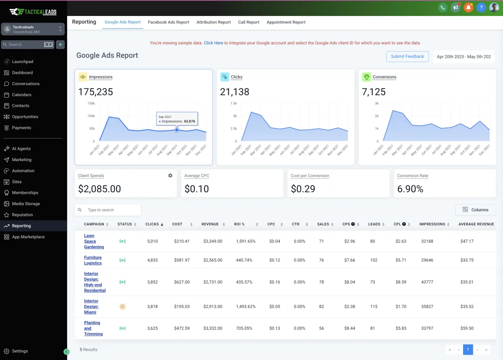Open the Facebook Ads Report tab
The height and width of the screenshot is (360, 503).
pos(169,22)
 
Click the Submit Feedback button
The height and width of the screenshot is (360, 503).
pos(407,56)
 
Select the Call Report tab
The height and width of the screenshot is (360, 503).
pos(249,22)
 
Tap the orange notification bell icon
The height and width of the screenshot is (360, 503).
pos(468,8)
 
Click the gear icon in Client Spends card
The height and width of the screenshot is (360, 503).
pos(170,175)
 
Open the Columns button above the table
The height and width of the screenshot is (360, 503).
pos(475,210)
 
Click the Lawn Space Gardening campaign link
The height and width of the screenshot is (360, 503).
pos(94,241)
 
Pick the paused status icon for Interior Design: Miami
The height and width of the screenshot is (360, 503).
pos(122,307)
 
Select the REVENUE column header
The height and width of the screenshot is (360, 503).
pos(210,224)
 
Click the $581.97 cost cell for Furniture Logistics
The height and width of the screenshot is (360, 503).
pos(181,260)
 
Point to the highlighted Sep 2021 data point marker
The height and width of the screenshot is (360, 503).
pos(177,130)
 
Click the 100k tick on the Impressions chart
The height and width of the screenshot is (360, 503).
pos(91,116)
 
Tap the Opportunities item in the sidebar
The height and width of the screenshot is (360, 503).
pos(25,117)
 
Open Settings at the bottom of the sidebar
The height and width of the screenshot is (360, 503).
pos(20,351)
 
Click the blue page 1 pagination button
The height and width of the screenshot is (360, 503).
pos(468,350)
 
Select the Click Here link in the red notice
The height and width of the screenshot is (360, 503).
pos(213,43)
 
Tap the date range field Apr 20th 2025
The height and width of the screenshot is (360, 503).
pos(464,57)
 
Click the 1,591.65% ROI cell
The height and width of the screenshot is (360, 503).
pos(246,241)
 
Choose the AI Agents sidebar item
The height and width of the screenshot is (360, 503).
pos(21,149)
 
